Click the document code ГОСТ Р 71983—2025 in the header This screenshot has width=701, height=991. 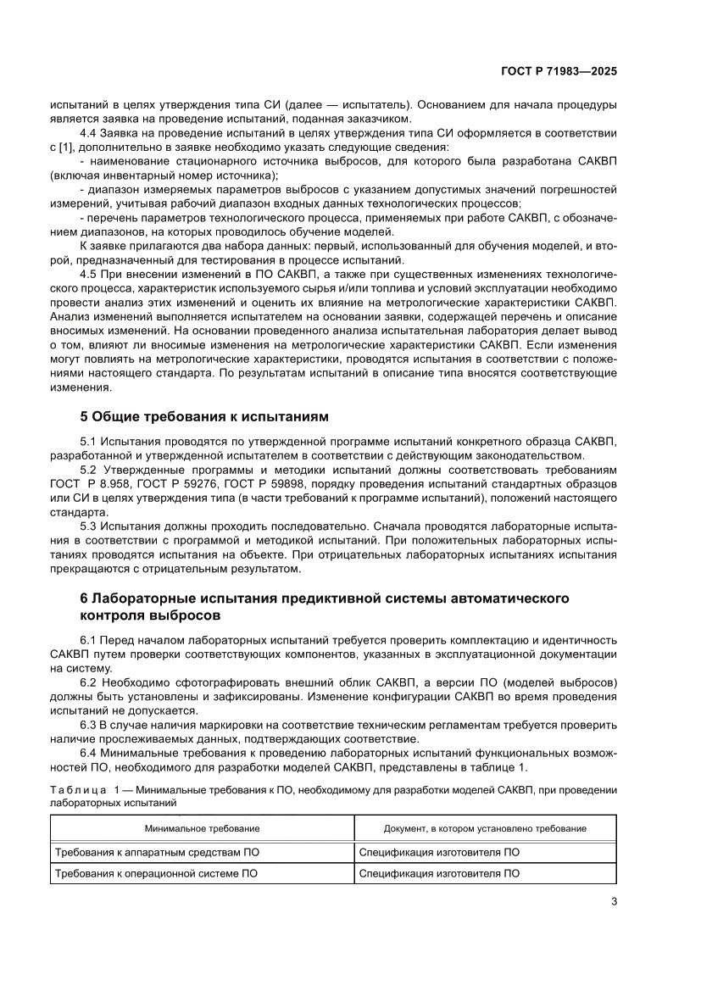coord(557,72)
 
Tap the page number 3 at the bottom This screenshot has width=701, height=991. coord(613,900)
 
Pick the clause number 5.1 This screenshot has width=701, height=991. coord(89,443)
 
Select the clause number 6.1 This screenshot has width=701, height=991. coord(89,639)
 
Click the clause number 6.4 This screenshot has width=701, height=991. coord(89,754)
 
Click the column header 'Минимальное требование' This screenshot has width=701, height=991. coord(202,828)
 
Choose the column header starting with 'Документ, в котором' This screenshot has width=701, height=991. coord(485,828)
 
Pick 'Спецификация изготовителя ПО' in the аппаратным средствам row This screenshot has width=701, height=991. coord(439,852)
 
